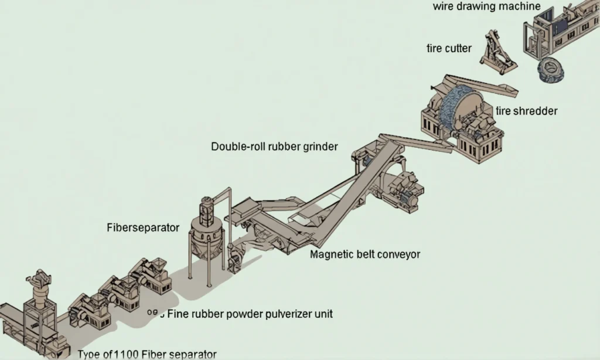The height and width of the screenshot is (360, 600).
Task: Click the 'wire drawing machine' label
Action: coord(486,7)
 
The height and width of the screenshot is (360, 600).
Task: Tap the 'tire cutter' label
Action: coord(449,49)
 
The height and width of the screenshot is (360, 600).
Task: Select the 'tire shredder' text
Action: coord(526,111)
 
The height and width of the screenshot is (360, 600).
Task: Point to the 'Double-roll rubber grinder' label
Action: coord(274,147)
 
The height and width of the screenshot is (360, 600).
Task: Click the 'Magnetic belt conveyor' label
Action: coord(365,254)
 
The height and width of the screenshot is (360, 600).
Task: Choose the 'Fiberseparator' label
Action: coord(143,227)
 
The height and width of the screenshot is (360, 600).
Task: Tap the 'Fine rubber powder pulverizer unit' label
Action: coord(250,314)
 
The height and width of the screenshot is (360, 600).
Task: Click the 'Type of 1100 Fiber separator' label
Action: coord(147,354)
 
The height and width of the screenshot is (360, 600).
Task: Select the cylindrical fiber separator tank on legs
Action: coord(206,235)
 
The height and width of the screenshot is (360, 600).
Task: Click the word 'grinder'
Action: coord(320,147)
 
